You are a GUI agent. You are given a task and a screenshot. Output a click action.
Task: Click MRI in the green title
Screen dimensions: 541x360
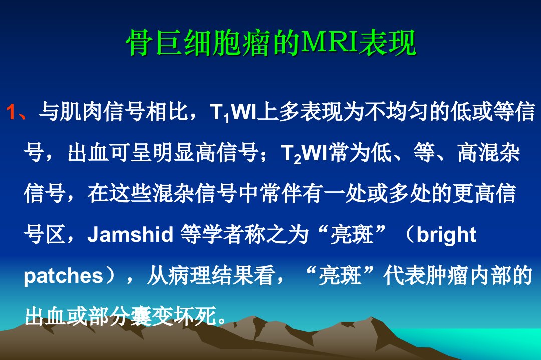pos(330,42)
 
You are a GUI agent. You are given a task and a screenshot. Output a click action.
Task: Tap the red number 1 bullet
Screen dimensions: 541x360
pos(12,112)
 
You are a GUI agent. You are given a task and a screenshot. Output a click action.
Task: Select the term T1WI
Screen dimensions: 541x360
pos(233,112)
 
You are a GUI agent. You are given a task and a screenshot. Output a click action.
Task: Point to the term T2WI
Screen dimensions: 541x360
pos(305,153)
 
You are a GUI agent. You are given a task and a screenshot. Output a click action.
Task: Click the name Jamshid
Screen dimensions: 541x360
pos(130,234)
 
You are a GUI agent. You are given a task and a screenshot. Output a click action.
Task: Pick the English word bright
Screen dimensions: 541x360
pos(446,235)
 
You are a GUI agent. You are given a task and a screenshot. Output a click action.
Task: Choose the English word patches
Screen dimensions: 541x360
pos(63,276)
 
